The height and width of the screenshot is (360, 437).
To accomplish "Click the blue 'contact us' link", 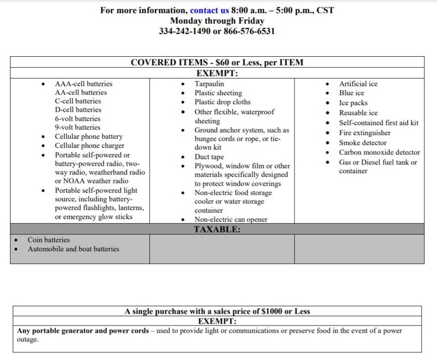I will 210,10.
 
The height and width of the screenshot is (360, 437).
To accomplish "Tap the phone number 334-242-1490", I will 184,31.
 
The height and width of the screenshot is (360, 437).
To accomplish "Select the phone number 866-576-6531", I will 249,31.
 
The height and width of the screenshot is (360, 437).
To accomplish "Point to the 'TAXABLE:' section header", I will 217,229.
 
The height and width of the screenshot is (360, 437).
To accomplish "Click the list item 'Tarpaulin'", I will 209,84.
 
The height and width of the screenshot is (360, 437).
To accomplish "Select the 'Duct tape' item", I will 209,157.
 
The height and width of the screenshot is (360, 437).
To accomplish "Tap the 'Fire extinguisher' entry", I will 364,133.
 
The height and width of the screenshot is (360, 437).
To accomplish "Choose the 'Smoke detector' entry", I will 363,143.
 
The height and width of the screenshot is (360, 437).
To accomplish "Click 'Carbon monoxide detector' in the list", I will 379,152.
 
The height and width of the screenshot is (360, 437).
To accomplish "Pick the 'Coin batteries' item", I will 49,240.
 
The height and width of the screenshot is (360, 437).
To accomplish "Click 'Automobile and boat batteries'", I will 73,249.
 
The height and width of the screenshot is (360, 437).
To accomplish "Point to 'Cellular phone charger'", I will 89,146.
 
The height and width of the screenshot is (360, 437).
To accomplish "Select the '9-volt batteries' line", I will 78,127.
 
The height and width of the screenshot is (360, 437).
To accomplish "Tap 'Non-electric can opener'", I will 231,219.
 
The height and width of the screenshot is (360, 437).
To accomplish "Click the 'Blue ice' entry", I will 351,93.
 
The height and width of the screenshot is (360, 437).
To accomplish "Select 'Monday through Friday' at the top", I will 217,21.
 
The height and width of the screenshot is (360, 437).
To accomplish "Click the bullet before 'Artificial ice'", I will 328,84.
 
